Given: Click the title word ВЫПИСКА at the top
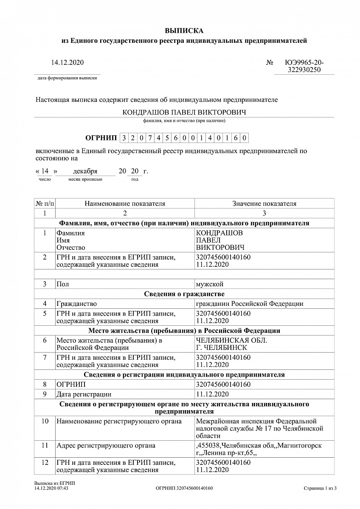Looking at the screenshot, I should [184, 31].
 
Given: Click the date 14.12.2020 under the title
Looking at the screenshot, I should [67, 63].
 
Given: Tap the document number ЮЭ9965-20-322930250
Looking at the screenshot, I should [304, 67].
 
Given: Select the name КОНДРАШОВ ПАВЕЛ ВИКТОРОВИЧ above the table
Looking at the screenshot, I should [184, 112].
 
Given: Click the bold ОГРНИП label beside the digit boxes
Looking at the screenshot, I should [101, 138].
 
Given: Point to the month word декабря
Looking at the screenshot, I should [85, 171].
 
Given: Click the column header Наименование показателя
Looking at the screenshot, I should [125, 204].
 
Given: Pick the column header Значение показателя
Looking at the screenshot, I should [264, 204].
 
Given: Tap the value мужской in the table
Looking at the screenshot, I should [210, 284].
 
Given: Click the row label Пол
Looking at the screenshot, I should [62, 284].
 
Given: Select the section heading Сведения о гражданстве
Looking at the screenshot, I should [184, 294].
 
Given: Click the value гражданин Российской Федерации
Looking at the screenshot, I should [250, 304].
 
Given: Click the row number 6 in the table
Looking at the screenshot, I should [45, 340].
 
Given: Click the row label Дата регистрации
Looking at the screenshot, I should [84, 394].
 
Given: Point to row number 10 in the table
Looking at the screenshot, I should [45, 421].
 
